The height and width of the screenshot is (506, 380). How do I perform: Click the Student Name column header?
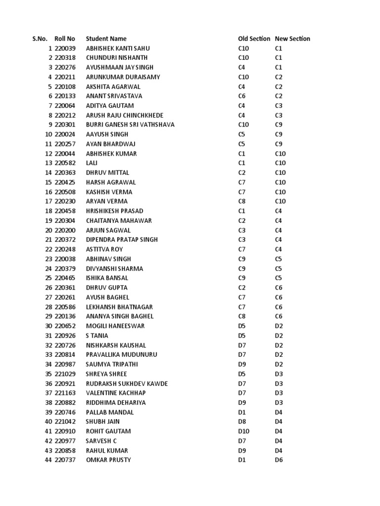106,39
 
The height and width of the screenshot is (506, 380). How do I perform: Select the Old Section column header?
254,39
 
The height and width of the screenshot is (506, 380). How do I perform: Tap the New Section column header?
292,39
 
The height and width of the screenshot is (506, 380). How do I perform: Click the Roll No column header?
65,39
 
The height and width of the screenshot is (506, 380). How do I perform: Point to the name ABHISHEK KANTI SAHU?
118,48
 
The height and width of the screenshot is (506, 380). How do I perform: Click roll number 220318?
65,58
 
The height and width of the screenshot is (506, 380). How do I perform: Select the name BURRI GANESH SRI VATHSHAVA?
130,125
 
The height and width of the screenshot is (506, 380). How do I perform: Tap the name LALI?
92,163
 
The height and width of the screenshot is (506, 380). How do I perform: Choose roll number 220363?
65,172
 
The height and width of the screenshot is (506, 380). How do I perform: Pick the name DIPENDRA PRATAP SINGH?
122,240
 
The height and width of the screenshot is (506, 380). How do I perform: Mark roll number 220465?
65,278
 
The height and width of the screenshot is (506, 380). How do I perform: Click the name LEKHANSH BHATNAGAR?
119,307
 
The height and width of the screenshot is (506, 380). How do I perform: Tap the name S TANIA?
97,336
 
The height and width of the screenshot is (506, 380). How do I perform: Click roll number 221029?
65,374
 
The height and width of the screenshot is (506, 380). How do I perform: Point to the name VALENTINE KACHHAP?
116,393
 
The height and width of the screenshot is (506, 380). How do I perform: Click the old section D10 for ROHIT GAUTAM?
243,431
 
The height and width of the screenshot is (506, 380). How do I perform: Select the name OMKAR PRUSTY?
108,460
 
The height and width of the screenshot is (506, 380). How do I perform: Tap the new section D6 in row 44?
279,460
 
